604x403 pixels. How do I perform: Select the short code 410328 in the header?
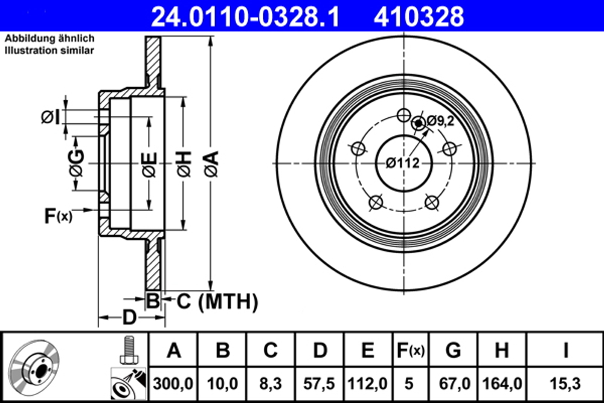coord(419,16)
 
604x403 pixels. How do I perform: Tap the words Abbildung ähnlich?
coord(50,39)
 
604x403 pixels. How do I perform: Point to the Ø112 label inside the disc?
coord(403,161)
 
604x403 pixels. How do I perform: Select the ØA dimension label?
coord(210,164)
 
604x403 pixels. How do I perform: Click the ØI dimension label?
coord(50,117)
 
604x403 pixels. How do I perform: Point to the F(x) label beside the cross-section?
coord(58,215)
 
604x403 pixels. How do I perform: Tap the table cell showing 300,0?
coord(173,383)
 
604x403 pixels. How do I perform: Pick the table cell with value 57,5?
coord(320,383)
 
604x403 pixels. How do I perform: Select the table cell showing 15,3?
coord(565,383)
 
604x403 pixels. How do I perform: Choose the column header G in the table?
coord(453,349)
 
